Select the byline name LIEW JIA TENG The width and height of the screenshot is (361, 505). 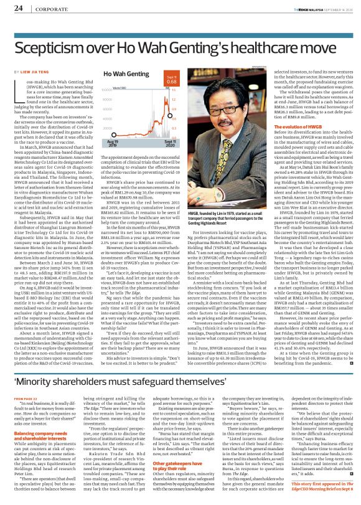point(39,72)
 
